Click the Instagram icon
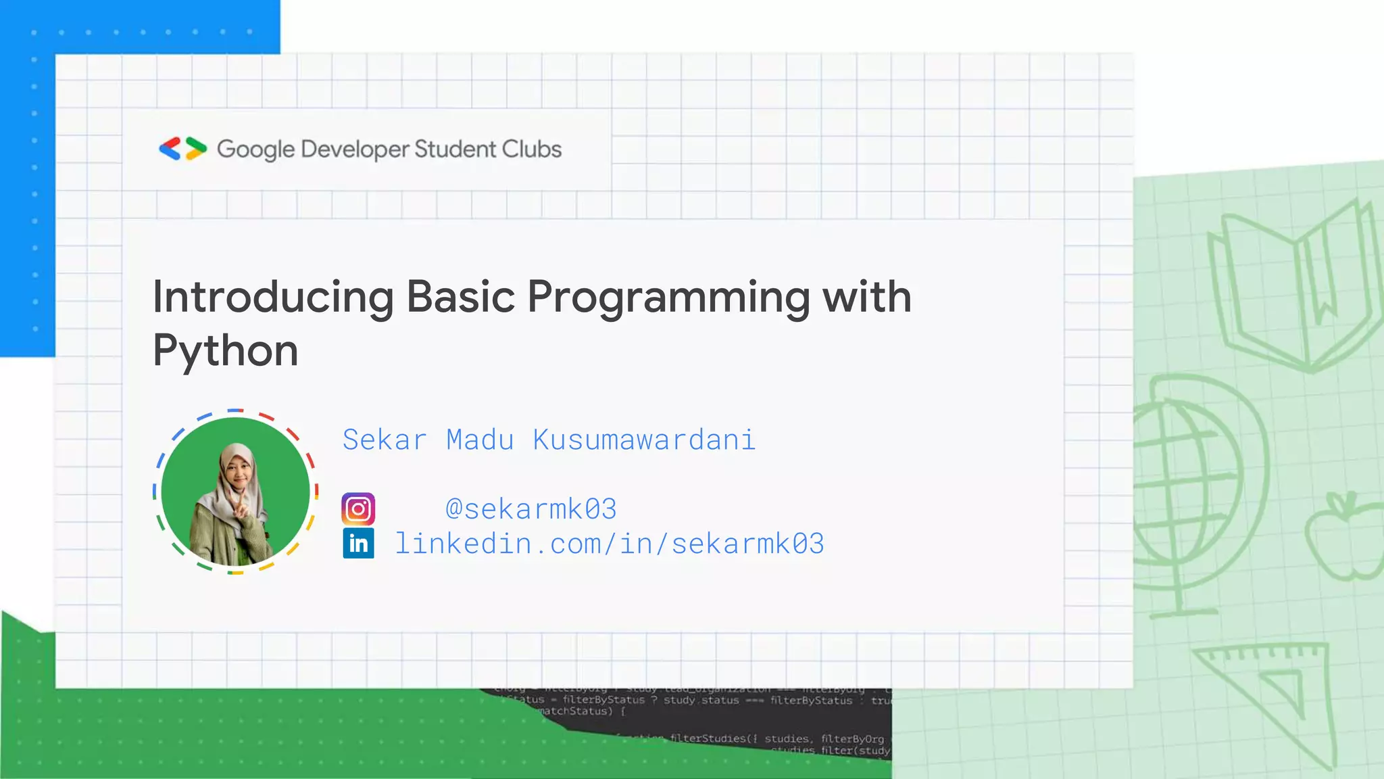click(x=358, y=509)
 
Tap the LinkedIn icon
click(x=358, y=543)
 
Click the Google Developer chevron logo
click(x=182, y=149)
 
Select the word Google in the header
click(x=255, y=149)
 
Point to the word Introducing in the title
click(x=273, y=297)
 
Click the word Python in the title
click(x=225, y=351)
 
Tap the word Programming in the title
click(x=668, y=298)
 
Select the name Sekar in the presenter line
click(x=385, y=440)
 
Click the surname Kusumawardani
click(x=643, y=440)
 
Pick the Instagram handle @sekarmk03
click(x=531, y=509)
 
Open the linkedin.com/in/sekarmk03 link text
click(x=609, y=544)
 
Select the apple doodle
click(x=1345, y=538)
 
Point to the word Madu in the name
click(x=480, y=440)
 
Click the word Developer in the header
click(x=355, y=149)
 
